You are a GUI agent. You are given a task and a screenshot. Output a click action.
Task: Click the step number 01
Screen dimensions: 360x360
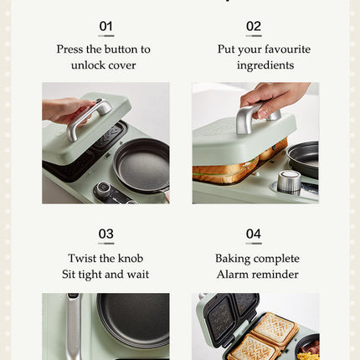(105, 27)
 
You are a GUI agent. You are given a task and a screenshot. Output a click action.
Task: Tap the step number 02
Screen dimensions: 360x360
(254, 27)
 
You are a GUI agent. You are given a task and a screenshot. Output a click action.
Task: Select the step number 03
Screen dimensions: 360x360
(105, 234)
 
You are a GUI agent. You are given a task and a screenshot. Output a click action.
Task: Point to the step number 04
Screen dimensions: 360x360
(254, 234)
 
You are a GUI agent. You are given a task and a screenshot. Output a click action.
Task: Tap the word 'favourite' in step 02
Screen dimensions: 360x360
(287, 49)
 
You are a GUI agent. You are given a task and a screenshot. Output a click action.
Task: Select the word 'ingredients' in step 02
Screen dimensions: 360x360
(265, 66)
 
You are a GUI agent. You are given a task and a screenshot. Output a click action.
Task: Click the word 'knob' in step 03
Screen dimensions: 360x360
(131, 258)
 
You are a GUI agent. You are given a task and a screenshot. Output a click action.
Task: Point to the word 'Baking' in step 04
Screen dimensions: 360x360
(233, 259)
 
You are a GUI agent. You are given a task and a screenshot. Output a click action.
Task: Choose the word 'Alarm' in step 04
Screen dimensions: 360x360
(232, 275)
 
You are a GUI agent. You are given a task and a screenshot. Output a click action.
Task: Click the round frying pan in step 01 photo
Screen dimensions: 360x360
(141, 166)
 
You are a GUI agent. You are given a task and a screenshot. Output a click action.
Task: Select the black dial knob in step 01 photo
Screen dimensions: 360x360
(102, 189)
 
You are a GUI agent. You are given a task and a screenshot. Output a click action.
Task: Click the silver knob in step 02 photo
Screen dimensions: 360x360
(289, 181)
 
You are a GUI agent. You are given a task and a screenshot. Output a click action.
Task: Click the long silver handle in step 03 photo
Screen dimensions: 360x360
(74, 327)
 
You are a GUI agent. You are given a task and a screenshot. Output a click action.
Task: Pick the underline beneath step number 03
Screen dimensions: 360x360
(106, 244)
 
